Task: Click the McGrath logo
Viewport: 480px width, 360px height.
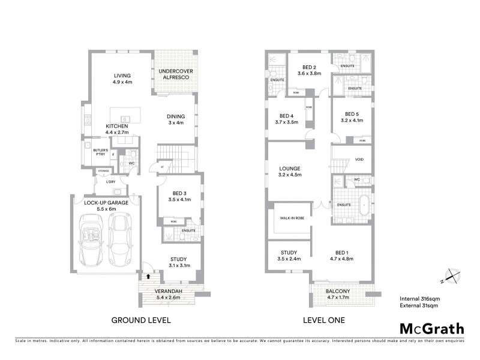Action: tap(432, 328)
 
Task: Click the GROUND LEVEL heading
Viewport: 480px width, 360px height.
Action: tap(141, 320)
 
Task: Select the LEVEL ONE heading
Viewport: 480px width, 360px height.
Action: tap(324, 320)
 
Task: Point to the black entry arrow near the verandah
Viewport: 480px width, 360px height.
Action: tap(149, 277)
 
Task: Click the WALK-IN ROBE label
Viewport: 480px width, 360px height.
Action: tap(292, 220)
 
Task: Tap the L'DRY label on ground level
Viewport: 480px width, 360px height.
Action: tap(110, 182)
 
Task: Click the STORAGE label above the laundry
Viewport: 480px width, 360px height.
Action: tap(104, 172)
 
